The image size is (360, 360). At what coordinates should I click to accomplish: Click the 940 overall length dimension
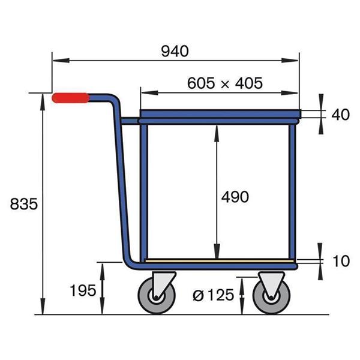pyautogui.click(x=175, y=51)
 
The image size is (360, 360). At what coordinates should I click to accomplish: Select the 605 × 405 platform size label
pyautogui.click(x=224, y=83)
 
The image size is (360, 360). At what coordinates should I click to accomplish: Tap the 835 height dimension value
pyautogui.click(x=24, y=204)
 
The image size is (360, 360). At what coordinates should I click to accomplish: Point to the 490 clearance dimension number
pyautogui.click(x=235, y=196)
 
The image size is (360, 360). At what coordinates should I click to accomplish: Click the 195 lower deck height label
pyautogui.click(x=83, y=290)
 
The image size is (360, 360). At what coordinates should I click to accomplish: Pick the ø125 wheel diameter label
pyautogui.click(x=212, y=295)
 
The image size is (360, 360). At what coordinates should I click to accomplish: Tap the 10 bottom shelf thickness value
pyautogui.click(x=340, y=261)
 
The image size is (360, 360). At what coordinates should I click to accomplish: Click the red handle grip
pyautogui.click(x=70, y=98)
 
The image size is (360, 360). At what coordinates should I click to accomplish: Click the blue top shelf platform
pyautogui.click(x=219, y=113)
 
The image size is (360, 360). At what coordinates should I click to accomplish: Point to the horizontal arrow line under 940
pyautogui.click(x=175, y=60)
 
